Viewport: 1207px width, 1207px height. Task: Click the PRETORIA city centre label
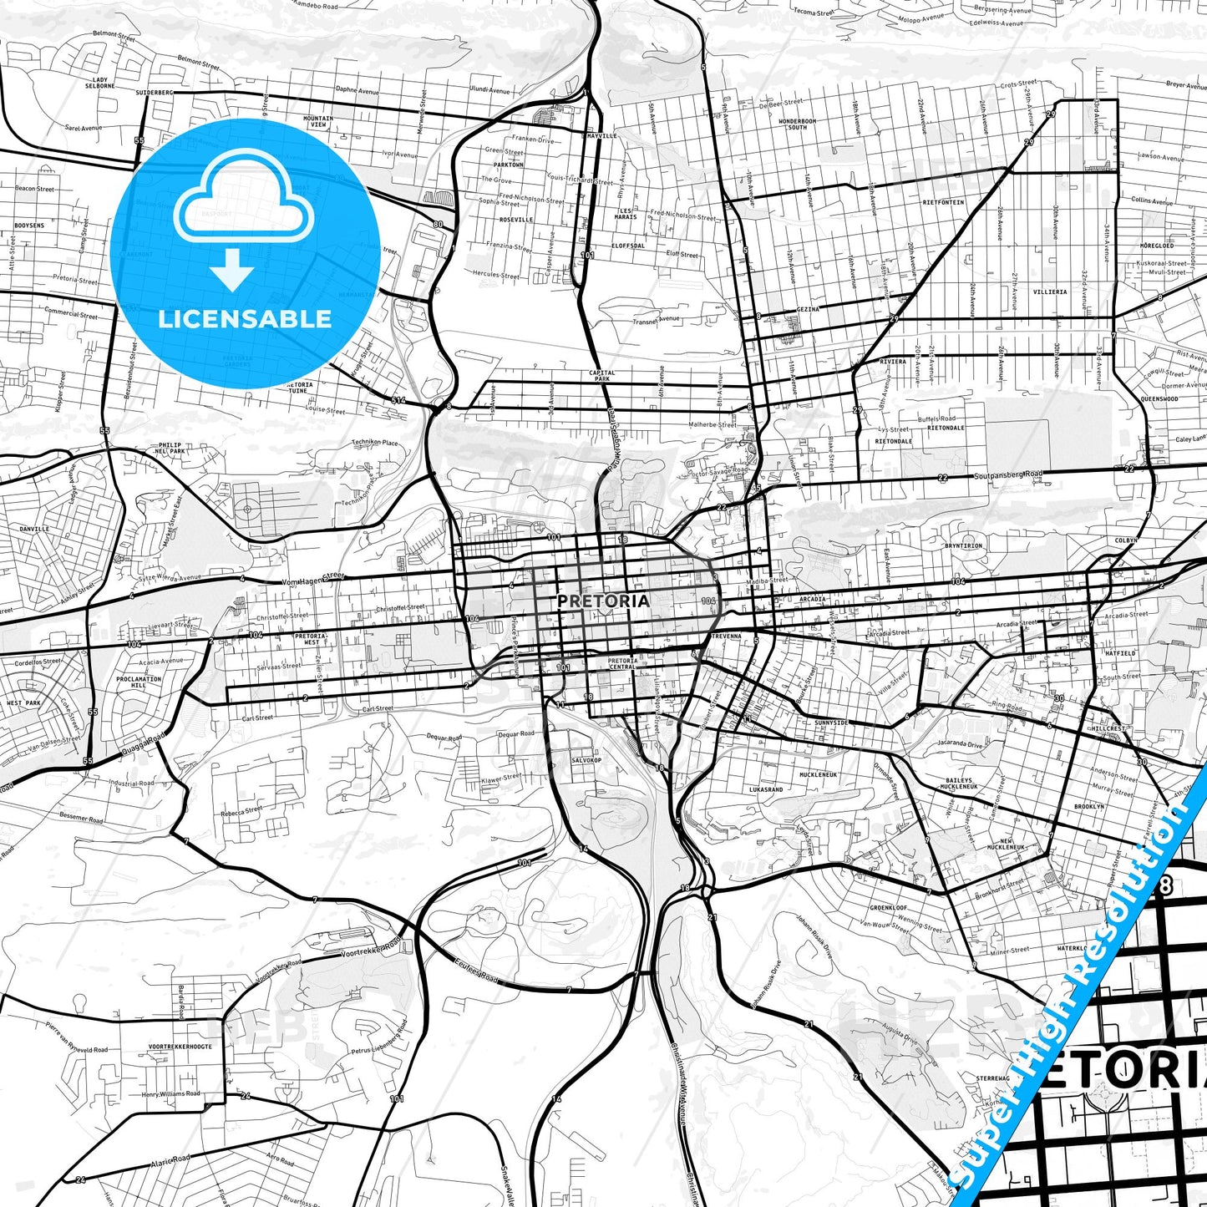pos(603,601)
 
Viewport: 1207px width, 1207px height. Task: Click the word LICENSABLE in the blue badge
pos(245,318)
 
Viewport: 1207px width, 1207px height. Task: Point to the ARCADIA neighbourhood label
pos(812,599)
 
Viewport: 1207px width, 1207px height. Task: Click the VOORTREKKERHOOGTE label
pos(180,1047)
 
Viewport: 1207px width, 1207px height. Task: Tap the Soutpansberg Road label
pos(1008,475)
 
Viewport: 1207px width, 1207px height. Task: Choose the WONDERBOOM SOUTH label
pos(798,124)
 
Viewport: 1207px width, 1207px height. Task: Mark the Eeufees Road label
pos(477,971)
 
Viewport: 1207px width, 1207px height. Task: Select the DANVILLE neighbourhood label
pos(34,529)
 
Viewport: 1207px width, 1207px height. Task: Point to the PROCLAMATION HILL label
pos(139,682)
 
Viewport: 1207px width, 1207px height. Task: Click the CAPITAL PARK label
pos(602,376)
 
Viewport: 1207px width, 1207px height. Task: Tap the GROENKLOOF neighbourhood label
pos(888,908)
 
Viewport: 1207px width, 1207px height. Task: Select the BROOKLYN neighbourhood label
pos(1089,807)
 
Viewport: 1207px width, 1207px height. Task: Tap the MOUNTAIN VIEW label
pos(318,122)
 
